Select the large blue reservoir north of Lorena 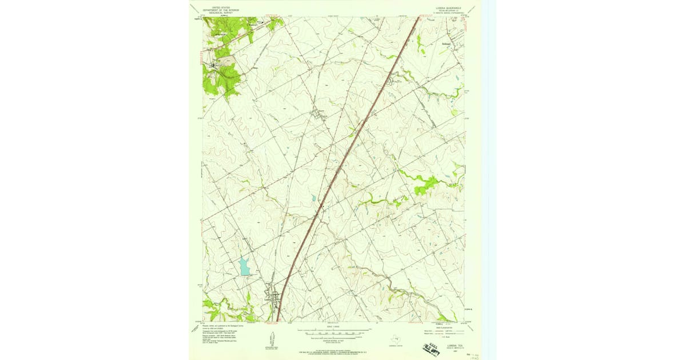pos(245,266)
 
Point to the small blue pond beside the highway pos(314,199)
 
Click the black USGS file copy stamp pos(435,346)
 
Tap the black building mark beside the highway pos(322,206)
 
